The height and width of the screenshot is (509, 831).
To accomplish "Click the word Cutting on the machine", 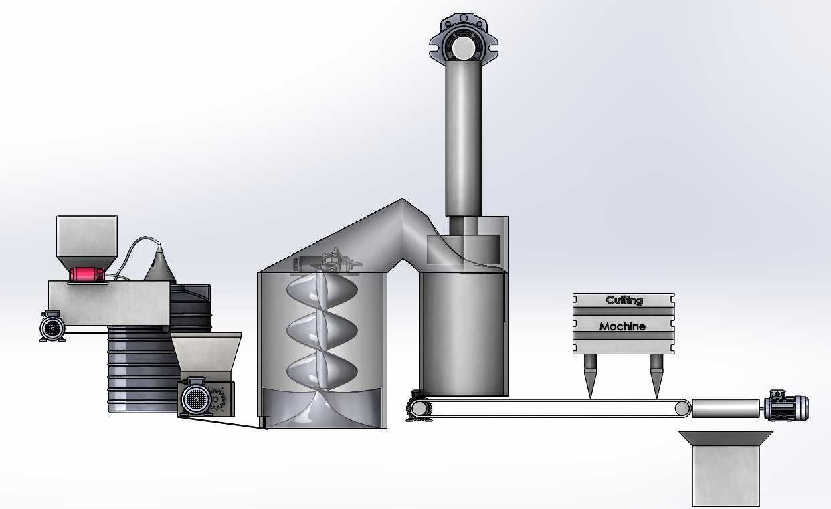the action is point(624,300).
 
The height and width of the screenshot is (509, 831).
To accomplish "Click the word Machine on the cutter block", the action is point(622,326).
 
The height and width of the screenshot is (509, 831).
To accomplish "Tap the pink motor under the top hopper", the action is point(87,274).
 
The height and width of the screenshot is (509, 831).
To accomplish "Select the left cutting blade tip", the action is point(590,398).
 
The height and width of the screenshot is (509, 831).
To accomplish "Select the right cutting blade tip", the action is point(656,398).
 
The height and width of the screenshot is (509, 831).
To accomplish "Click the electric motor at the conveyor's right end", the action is point(786,406).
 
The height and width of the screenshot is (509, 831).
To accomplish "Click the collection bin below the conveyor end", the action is point(726,469).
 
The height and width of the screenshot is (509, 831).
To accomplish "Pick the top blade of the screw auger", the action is point(322,292).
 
